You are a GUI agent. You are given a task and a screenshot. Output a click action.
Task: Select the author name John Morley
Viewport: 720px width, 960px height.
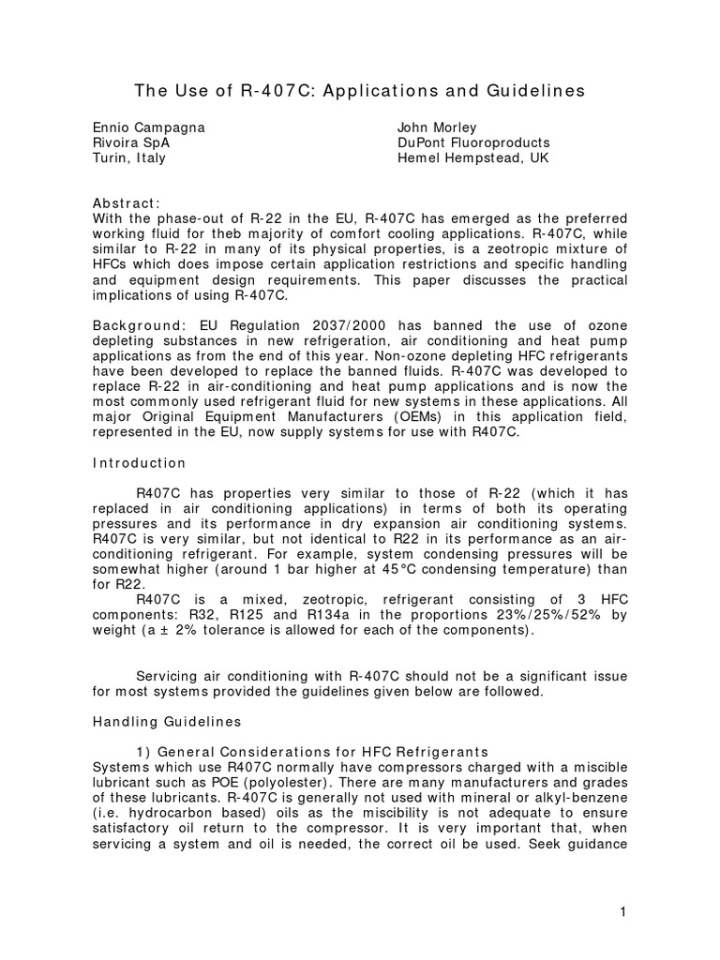tap(437, 127)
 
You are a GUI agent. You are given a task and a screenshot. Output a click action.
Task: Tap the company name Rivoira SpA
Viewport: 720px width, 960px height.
tap(131, 142)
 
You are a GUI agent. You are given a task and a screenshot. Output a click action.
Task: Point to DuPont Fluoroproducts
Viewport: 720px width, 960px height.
tap(473, 142)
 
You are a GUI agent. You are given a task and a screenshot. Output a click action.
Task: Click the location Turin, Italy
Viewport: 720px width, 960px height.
tap(128, 157)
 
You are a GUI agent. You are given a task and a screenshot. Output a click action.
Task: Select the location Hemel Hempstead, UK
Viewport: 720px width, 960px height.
tap(473, 157)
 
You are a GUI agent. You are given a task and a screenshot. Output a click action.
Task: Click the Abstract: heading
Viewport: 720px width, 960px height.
tap(127, 203)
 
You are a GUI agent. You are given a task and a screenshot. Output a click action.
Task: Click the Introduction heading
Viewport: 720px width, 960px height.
tap(139, 463)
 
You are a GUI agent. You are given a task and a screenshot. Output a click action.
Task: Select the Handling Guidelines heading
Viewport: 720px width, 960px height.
tap(166, 722)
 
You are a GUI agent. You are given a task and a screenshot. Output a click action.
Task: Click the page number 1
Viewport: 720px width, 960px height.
tap(622, 913)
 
